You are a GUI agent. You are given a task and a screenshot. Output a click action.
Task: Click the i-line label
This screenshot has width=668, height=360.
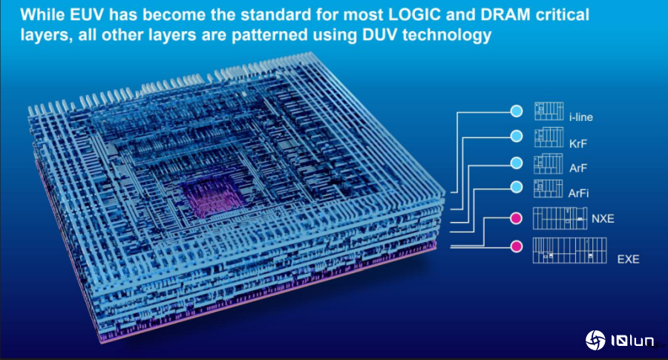(580, 117)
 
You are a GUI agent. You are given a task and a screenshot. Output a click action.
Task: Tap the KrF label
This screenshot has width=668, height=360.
(578, 143)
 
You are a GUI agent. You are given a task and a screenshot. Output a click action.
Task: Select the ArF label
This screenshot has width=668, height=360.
(578, 168)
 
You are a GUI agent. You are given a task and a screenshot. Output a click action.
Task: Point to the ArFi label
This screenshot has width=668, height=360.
(578, 194)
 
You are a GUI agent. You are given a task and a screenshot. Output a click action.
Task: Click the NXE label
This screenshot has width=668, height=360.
(603, 218)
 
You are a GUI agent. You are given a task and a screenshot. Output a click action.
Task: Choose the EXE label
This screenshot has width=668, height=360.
(628, 259)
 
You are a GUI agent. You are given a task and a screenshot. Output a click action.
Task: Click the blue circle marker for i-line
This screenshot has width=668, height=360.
(517, 111)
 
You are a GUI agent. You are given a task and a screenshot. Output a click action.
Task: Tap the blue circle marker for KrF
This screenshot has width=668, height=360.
(517, 137)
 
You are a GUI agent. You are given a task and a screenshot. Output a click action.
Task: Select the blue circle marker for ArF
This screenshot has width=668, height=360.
(517, 163)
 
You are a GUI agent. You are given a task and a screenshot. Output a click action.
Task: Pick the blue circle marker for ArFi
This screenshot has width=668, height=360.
(517, 186)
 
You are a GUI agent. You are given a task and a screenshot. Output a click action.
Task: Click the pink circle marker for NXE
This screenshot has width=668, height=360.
(517, 218)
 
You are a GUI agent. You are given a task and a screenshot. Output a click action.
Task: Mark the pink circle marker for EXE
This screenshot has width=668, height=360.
(517, 246)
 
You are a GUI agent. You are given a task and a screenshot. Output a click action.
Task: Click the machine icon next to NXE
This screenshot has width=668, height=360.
(560, 218)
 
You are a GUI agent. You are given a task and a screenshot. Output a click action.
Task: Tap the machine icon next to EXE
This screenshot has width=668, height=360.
(569, 250)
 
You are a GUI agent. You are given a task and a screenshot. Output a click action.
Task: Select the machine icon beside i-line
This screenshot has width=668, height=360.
(549, 111)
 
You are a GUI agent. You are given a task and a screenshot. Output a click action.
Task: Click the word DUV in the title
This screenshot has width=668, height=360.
(380, 35)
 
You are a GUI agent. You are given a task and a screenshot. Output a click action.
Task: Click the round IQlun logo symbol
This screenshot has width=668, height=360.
(595, 341)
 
